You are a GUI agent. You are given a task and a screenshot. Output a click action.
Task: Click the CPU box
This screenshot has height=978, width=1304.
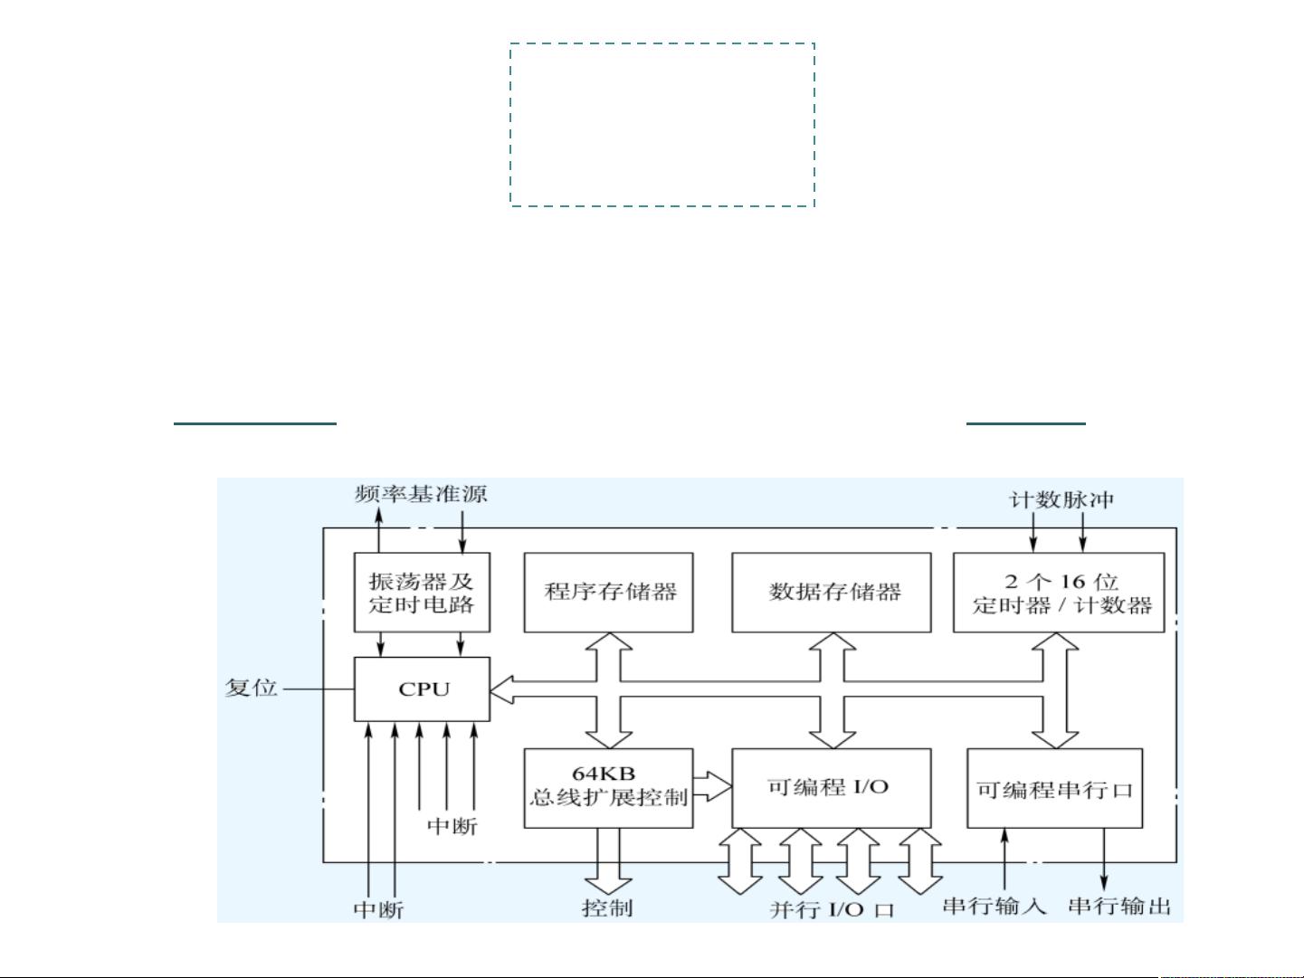point(422,688)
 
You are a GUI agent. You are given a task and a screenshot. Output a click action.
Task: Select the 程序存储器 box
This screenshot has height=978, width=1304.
point(608,592)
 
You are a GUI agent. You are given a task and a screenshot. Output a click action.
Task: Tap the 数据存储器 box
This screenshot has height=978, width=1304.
point(831,592)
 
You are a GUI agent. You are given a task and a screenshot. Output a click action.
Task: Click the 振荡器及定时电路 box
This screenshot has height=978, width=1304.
point(422,592)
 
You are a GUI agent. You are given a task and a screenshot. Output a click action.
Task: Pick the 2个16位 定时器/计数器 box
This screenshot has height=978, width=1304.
point(1059,592)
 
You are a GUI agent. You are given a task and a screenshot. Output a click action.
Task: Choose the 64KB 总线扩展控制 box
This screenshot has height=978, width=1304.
point(608,788)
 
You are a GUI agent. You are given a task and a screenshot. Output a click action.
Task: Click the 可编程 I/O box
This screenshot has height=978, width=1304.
point(831,788)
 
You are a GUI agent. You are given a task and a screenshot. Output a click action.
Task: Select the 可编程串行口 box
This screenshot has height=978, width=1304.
point(1054,788)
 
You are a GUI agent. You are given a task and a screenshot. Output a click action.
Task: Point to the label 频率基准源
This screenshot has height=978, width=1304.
point(421,494)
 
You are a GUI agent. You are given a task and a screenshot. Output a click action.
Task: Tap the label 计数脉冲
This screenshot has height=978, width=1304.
point(1061,500)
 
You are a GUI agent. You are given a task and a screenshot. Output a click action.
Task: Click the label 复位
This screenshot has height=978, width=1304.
point(251,688)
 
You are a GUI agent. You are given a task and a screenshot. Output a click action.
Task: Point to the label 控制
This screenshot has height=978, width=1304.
point(607,908)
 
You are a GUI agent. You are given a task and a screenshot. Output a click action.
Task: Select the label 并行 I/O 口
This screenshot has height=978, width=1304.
point(832,910)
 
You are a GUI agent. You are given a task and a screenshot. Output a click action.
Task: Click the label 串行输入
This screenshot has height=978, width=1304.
point(994,907)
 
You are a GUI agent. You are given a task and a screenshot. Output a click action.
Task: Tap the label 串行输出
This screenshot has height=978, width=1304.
point(1119,907)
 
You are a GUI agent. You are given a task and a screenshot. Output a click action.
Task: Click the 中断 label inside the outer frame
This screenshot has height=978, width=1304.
point(452,826)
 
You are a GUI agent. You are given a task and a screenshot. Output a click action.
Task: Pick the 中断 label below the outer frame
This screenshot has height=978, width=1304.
point(378,910)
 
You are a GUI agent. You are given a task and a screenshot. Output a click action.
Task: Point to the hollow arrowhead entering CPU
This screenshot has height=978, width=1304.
point(502,689)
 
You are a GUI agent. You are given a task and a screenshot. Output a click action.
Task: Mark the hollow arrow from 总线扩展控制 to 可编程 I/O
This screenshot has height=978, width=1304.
point(712,787)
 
